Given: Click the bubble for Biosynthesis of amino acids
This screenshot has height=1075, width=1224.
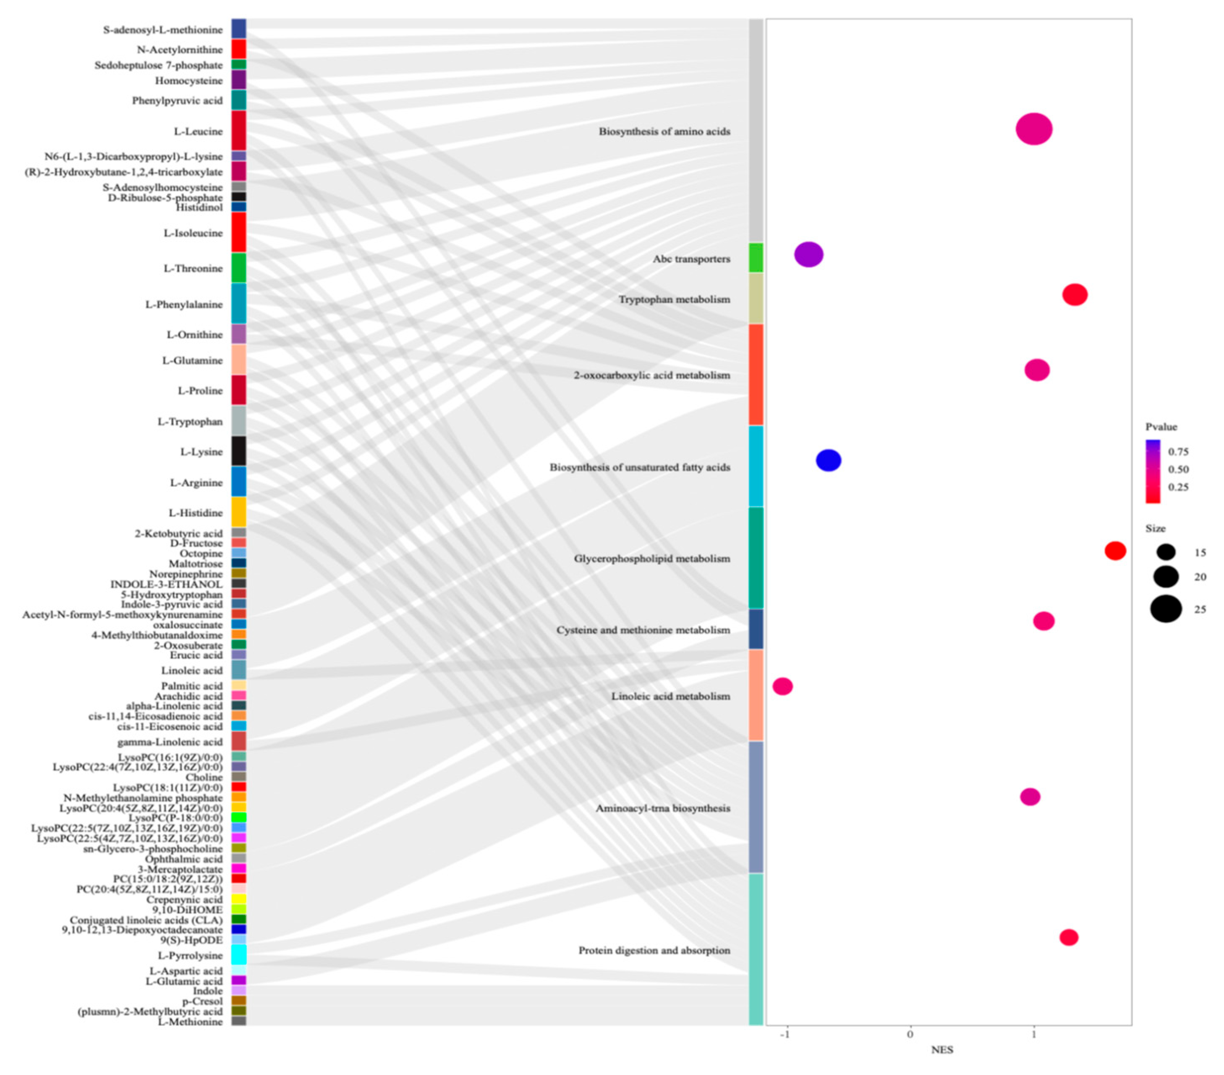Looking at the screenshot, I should [x=1033, y=129].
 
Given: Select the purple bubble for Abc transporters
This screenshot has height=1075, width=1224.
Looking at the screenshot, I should [x=808, y=255].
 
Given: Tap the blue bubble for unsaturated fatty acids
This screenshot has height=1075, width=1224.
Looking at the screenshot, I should [x=828, y=460].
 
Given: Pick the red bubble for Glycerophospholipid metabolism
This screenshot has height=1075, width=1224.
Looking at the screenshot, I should [x=1115, y=551].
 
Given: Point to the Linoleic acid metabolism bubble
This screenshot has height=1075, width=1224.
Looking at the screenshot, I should [x=783, y=686].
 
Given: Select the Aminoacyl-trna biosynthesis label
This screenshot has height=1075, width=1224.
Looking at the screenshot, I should [x=662, y=808].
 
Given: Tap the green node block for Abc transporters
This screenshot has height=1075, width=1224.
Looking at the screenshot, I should [x=756, y=258].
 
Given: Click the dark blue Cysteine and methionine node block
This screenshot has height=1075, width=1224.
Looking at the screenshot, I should [x=756, y=629].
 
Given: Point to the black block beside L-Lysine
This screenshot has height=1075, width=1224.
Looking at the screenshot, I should [x=238, y=451].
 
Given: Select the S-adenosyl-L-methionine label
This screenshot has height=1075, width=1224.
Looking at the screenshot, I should [x=162, y=29].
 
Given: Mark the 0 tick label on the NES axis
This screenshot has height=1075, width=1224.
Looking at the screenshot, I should [x=910, y=1034].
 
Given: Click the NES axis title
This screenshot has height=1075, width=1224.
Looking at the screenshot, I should [x=942, y=1049].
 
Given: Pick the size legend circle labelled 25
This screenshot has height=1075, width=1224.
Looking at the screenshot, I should [x=1165, y=610].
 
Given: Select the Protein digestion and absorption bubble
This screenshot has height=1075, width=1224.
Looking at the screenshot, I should [x=1069, y=937].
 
